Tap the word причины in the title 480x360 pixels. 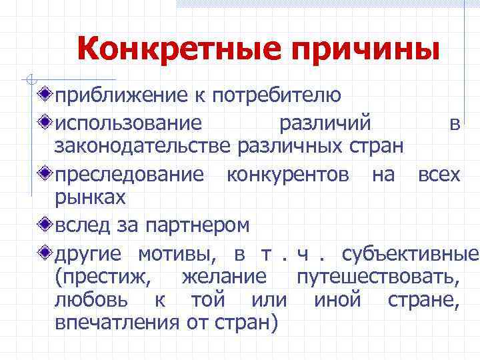pyautogui.click(x=366, y=50)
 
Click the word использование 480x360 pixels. pyautogui.click(x=127, y=123)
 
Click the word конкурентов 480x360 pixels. pyautogui.click(x=287, y=175)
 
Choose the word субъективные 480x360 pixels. pyautogui.click(x=410, y=254)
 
